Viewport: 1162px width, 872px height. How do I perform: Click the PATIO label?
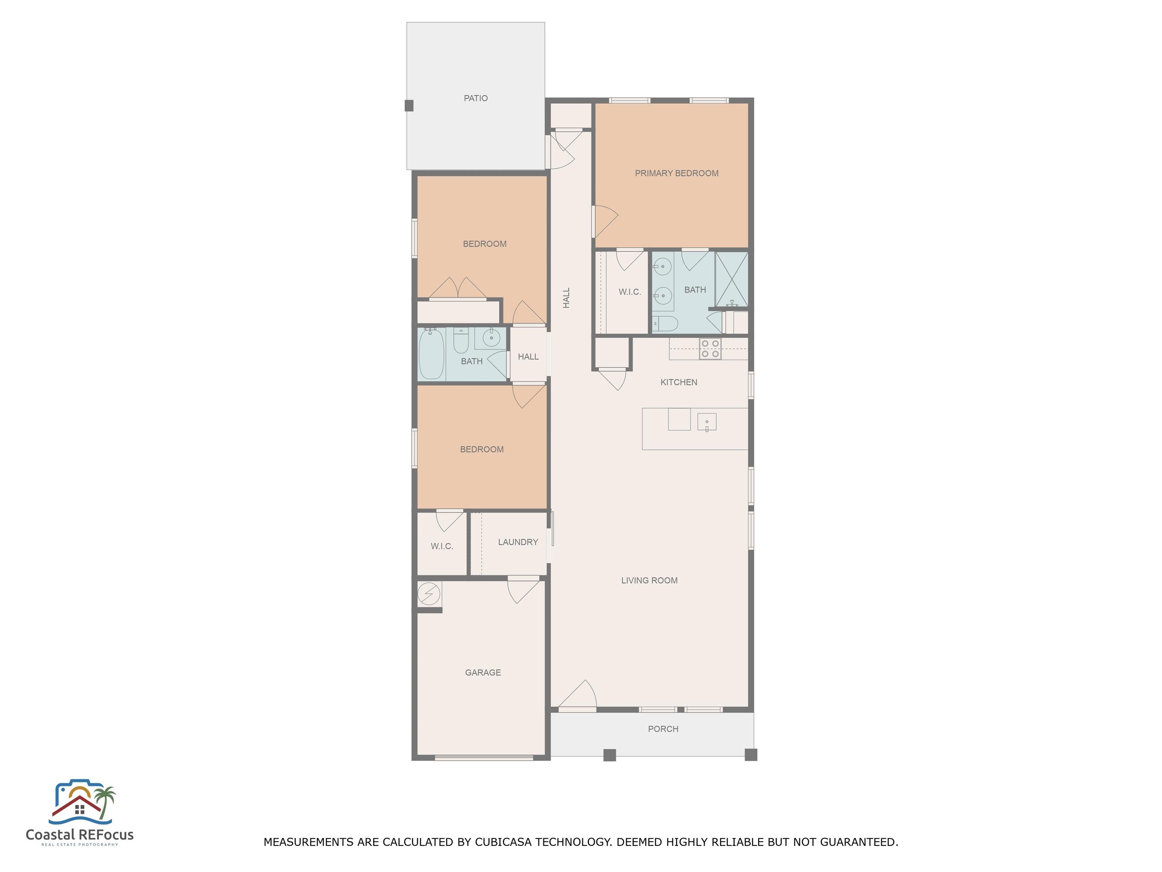pyautogui.click(x=475, y=98)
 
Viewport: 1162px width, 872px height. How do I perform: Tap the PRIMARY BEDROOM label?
pyautogui.click(x=677, y=173)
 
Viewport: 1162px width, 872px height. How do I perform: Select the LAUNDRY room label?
pyautogui.click(x=518, y=542)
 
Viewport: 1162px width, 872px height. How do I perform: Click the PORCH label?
pyautogui.click(x=663, y=729)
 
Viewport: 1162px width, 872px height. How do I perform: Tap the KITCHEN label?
pyautogui.click(x=679, y=382)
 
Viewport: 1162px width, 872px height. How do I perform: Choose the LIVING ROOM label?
pyautogui.click(x=649, y=580)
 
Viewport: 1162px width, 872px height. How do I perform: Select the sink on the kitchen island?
pyautogui.click(x=707, y=422)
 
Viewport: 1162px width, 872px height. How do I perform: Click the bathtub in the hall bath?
pyautogui.click(x=431, y=354)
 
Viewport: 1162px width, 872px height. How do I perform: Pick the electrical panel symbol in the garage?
pyautogui.click(x=429, y=594)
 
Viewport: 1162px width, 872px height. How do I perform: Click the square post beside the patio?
pyautogui.click(x=409, y=106)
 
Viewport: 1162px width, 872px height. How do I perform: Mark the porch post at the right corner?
pyautogui.click(x=751, y=755)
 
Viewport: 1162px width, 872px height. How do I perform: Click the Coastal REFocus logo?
pyautogui.click(x=80, y=813)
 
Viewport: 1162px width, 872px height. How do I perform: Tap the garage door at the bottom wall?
pyautogui.click(x=484, y=757)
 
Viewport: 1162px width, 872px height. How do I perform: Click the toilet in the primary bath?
pyautogui.click(x=665, y=323)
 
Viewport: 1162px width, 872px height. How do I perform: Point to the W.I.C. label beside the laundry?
pyautogui.click(x=442, y=546)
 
